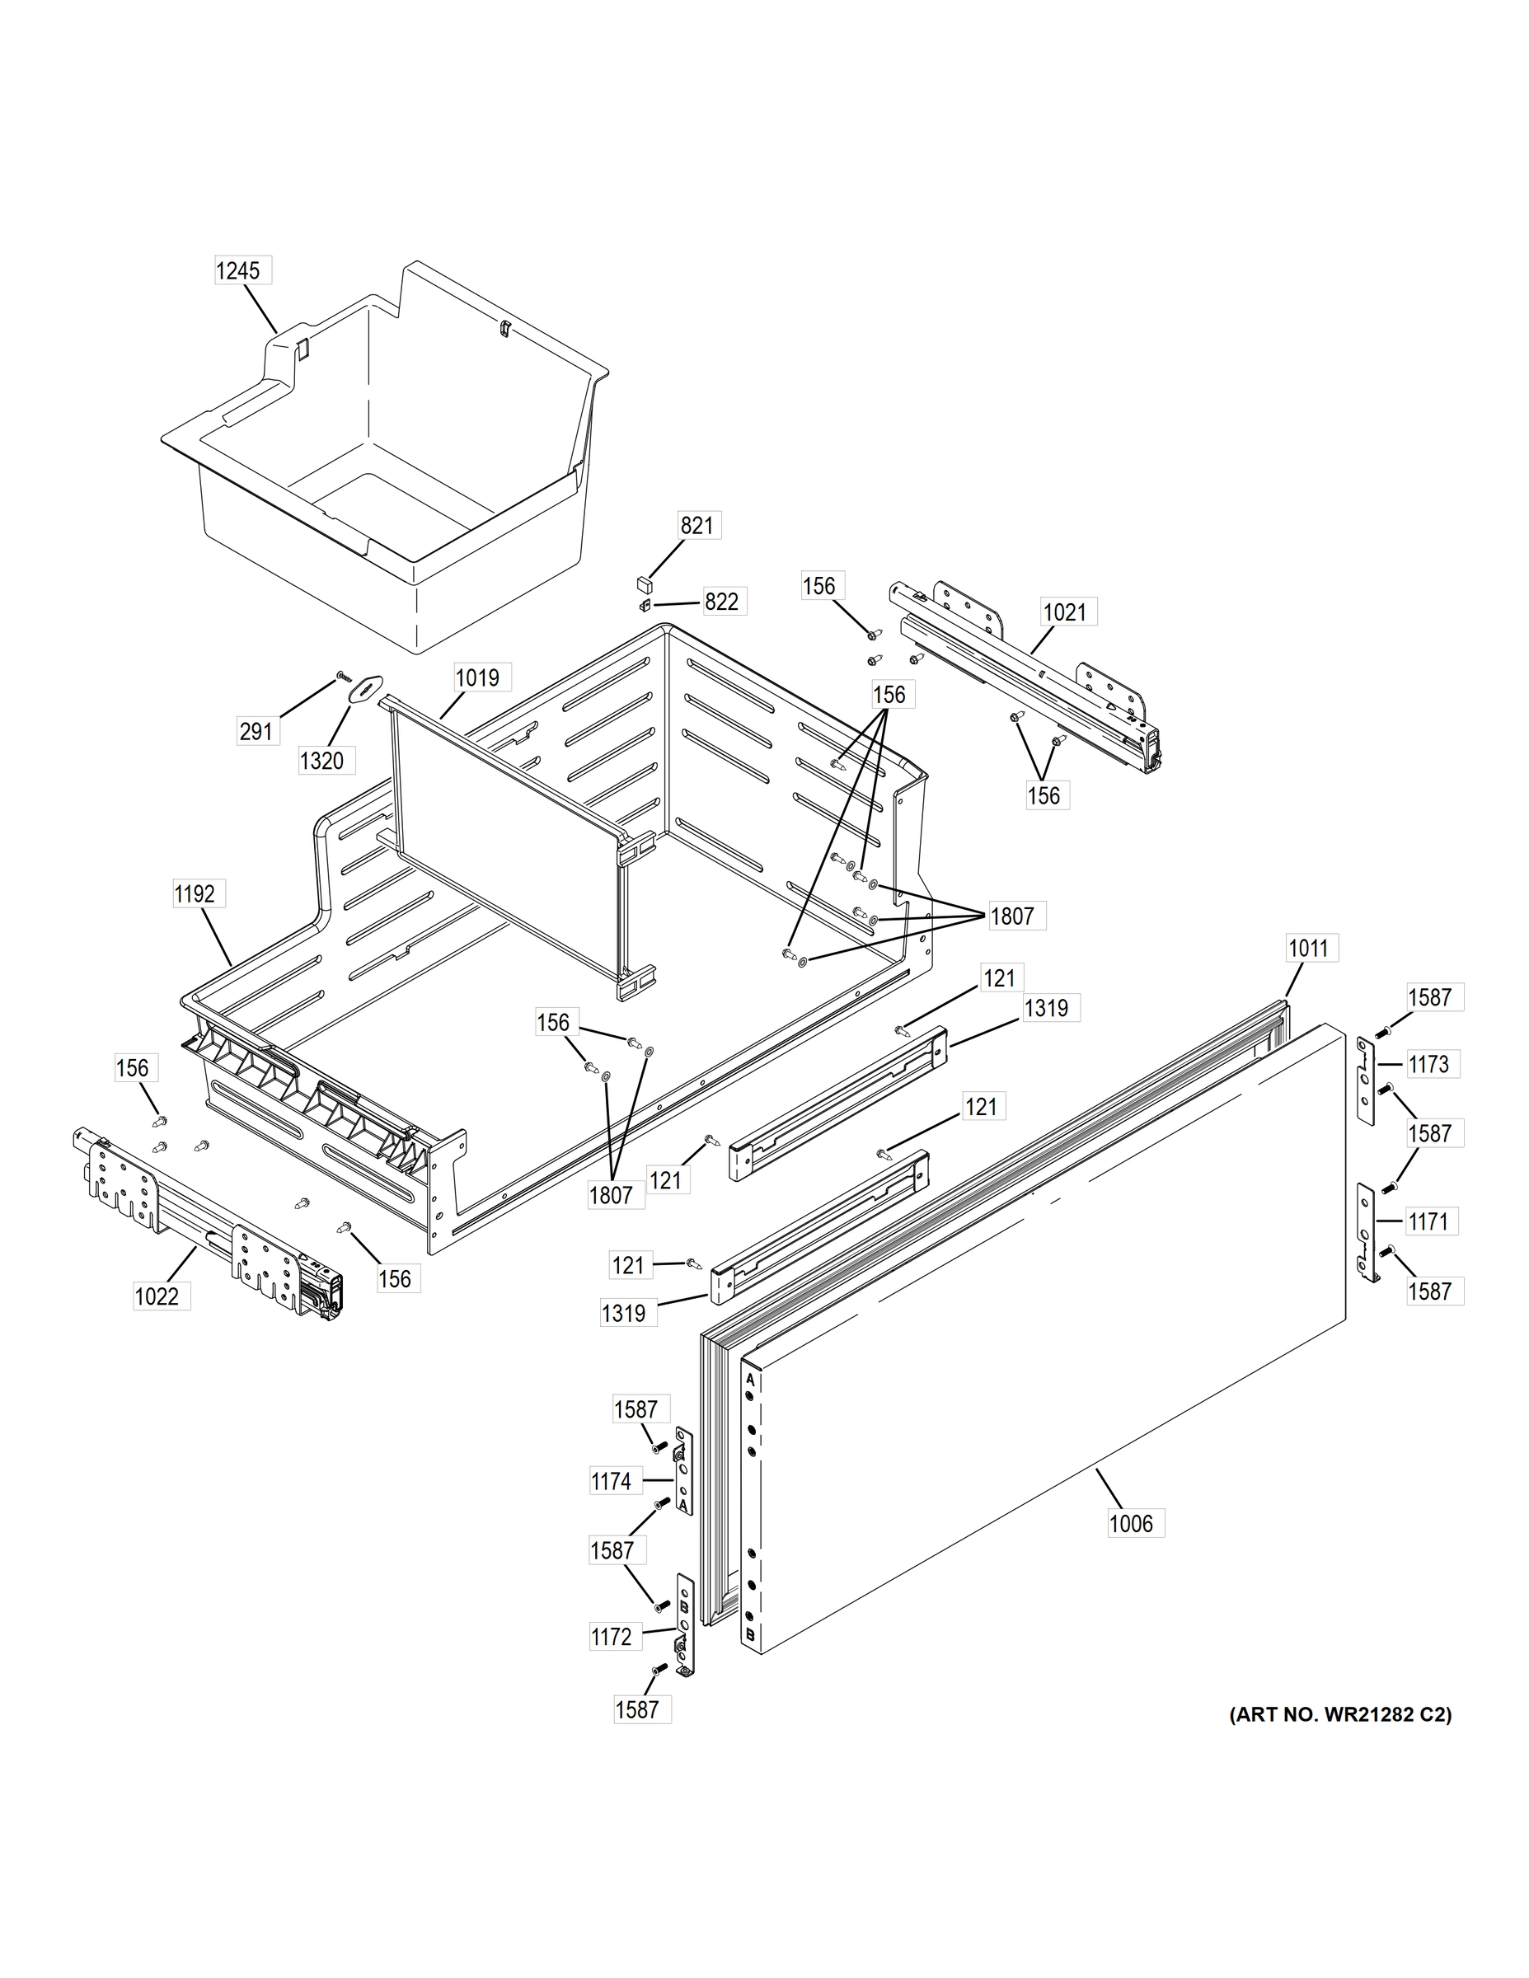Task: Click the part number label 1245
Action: pos(238,271)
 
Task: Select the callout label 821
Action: pos(696,525)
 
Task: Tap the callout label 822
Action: pos(721,602)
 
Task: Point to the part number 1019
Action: pos(477,677)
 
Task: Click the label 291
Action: pos(256,731)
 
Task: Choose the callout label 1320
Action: pos(321,761)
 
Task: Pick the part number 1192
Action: pos(195,894)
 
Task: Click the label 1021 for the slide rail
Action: pos(1064,612)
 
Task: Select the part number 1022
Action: pos(157,1297)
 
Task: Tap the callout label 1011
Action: pos(1308,949)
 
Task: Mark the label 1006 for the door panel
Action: pos(1132,1523)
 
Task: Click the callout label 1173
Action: pos(1428,1064)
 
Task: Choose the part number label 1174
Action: pos(612,1482)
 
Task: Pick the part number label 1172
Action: pos(612,1637)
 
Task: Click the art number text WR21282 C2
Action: pos(1339,1714)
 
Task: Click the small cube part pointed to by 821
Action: pos(642,579)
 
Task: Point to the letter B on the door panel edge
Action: pos(750,1636)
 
